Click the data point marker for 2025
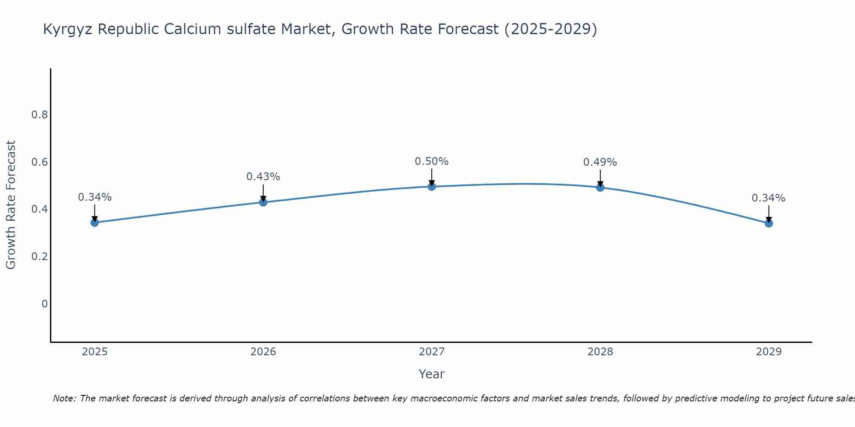[94, 222]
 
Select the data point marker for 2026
[263, 202]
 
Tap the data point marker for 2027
[432, 186]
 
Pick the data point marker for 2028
[600, 187]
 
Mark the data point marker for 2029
[769, 223]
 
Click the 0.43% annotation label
[263, 176]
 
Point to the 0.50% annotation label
[432, 161]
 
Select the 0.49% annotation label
[600, 162]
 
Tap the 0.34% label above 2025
[94, 197]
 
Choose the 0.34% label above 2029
[769, 198]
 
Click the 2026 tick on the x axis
[263, 352]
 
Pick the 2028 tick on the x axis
[600, 352]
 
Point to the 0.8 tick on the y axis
[39, 114]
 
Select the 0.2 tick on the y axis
[39, 256]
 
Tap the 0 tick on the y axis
[44, 304]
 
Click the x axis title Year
[432, 374]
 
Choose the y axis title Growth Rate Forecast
[11, 205]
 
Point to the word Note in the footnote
[64, 398]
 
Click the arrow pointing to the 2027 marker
[432, 177]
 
